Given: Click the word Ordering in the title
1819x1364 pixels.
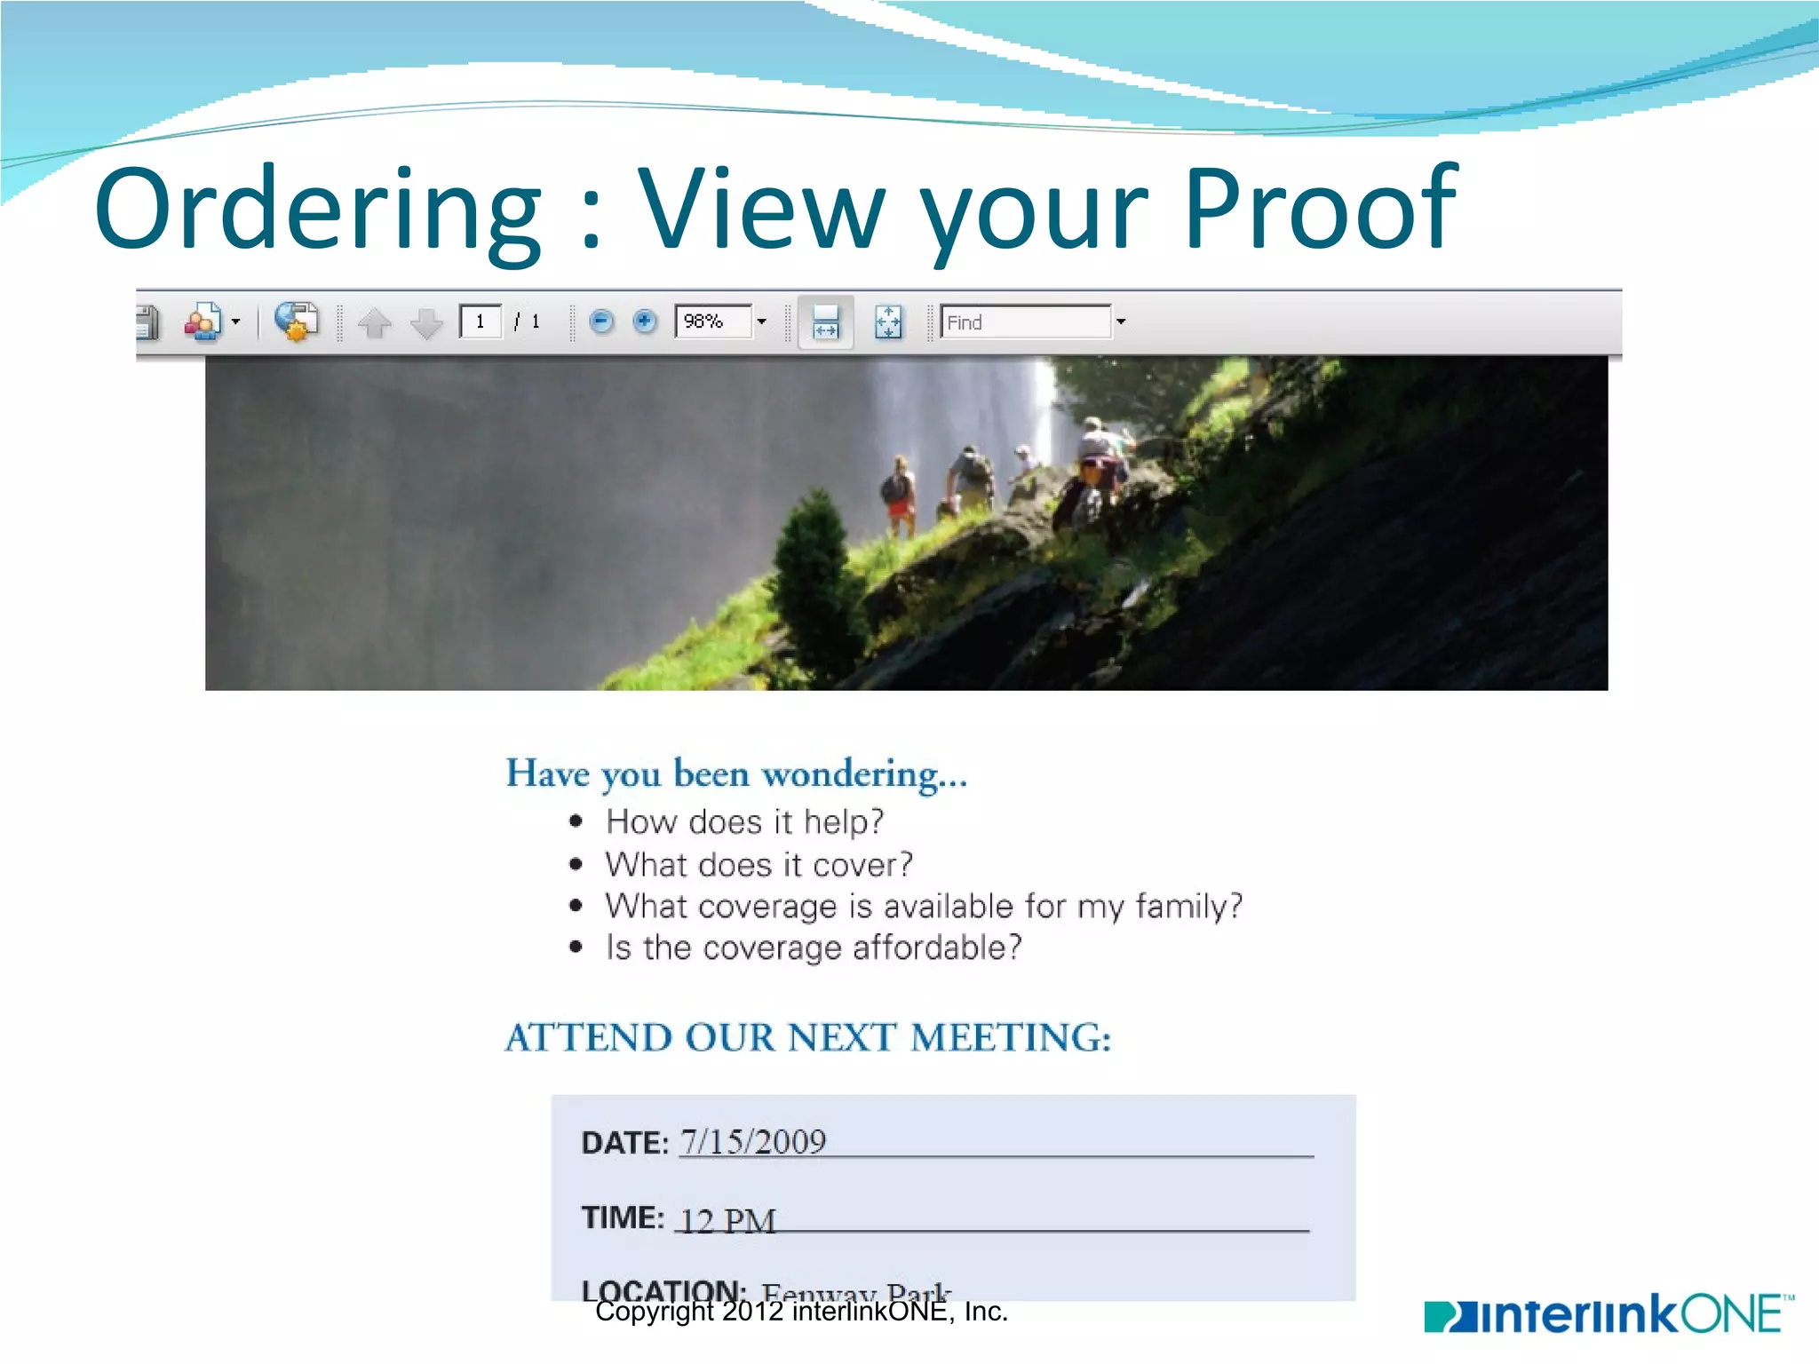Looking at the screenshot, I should point(317,210).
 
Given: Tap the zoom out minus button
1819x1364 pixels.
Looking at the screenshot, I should point(601,321).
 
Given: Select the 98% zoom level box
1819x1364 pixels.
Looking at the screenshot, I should point(712,321).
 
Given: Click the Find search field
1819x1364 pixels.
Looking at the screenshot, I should point(1025,322).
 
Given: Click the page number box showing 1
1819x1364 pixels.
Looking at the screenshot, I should point(481,321).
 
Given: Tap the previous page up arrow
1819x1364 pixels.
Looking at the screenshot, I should point(375,323).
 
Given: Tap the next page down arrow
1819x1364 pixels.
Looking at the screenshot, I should point(427,323).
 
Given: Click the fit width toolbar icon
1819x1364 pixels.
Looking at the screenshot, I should point(825,322).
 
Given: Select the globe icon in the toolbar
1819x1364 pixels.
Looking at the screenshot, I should point(295,321).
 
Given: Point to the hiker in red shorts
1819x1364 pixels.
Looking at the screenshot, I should point(899,497).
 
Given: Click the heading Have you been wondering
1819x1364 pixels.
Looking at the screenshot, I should point(736,773).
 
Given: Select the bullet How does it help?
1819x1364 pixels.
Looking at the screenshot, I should point(744,821).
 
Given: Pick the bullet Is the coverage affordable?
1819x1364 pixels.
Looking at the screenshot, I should point(813,948).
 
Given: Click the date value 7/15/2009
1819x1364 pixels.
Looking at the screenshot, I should point(753,1142).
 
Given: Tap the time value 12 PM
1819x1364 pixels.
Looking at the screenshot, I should point(727,1221).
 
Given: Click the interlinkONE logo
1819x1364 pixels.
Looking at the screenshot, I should point(1608,1314).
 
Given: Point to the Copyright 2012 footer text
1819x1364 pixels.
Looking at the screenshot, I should point(801,1312).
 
